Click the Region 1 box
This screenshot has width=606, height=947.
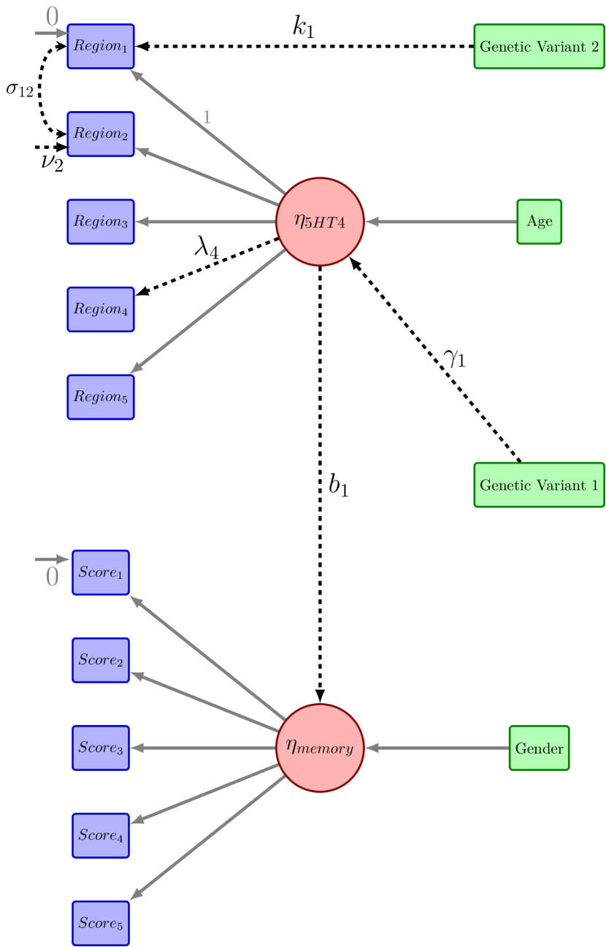pyautogui.click(x=101, y=47)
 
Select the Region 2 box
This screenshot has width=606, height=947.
pyautogui.click(x=101, y=134)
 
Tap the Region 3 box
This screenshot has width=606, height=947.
pyautogui.click(x=101, y=222)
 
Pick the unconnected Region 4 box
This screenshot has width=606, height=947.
pyautogui.click(x=101, y=310)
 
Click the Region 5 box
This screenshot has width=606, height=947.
pyautogui.click(x=101, y=397)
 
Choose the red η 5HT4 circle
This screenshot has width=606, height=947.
pyautogui.click(x=320, y=222)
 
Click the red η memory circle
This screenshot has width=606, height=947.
pyautogui.click(x=320, y=748)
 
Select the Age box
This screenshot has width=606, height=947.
pyautogui.click(x=539, y=222)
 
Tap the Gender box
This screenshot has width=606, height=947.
pyautogui.click(x=539, y=748)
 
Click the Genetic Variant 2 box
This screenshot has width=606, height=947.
pyautogui.click(x=539, y=47)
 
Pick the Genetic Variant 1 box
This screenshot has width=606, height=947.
pyautogui.click(x=539, y=485)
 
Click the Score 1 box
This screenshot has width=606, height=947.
pyautogui.click(x=101, y=572)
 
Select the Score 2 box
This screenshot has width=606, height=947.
pyautogui.click(x=101, y=660)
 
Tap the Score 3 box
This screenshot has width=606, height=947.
pyautogui.click(x=101, y=748)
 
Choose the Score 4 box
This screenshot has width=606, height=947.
pyautogui.click(x=101, y=835)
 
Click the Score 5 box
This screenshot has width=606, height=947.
pyautogui.click(x=101, y=923)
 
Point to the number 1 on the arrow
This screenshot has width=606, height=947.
pyautogui.click(x=207, y=117)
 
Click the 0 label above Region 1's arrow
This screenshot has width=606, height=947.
pyautogui.click(x=53, y=17)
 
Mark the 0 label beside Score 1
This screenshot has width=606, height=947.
pyautogui.click(x=53, y=578)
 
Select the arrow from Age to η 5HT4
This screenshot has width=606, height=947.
pyautogui.click(x=442, y=222)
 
